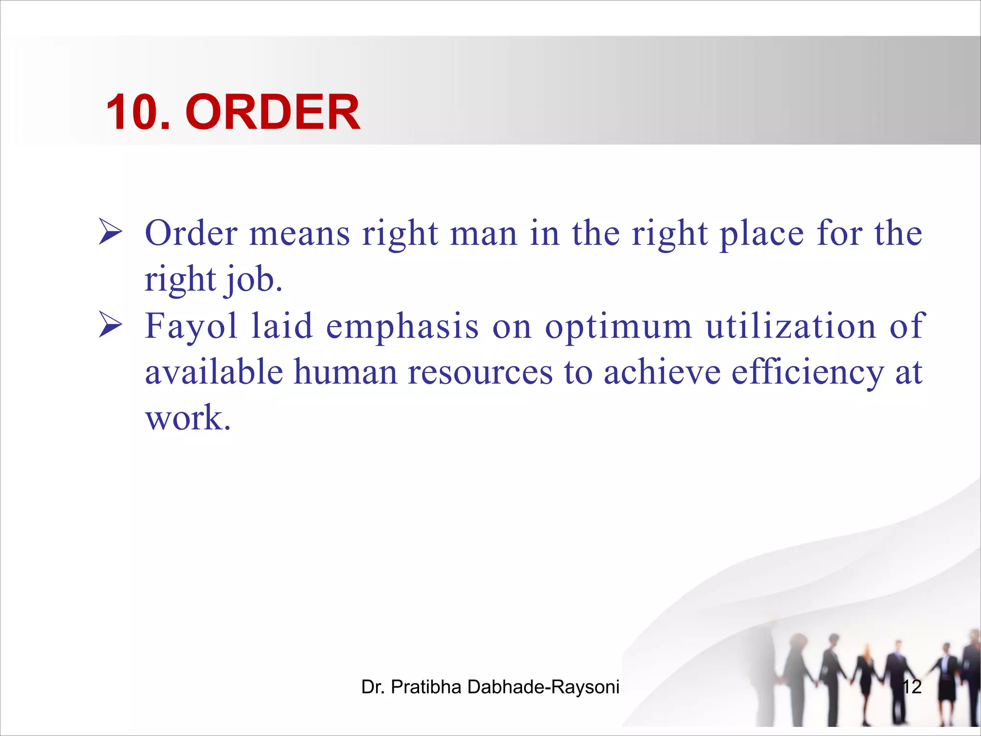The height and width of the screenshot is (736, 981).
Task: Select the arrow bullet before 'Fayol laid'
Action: pyautogui.click(x=110, y=324)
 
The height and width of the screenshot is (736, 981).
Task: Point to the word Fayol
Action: pyautogui.click(x=191, y=326)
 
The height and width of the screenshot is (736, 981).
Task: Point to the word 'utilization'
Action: pyautogui.click(x=790, y=326)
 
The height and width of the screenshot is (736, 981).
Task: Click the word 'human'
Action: pyautogui.click(x=345, y=372)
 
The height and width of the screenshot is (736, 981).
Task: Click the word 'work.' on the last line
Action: pyautogui.click(x=188, y=418)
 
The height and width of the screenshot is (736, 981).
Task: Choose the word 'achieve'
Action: pyautogui.click(x=662, y=372)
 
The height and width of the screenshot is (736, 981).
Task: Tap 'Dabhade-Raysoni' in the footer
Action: pyautogui.click(x=543, y=687)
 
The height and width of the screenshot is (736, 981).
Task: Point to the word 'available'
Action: pyautogui.click(x=214, y=372)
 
